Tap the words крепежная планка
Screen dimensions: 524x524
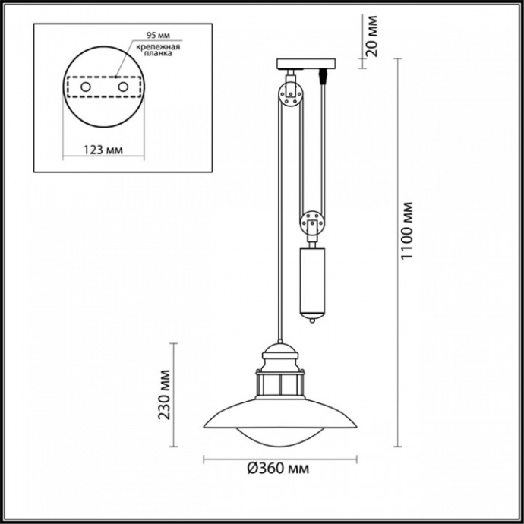pos(158,50)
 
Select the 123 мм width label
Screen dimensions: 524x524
pos(103,149)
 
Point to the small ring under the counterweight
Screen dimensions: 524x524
pos(311,323)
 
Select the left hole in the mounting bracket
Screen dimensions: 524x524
pos(86,88)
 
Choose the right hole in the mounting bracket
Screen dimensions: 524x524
pos(122,88)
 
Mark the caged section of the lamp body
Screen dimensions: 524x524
pos(281,383)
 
